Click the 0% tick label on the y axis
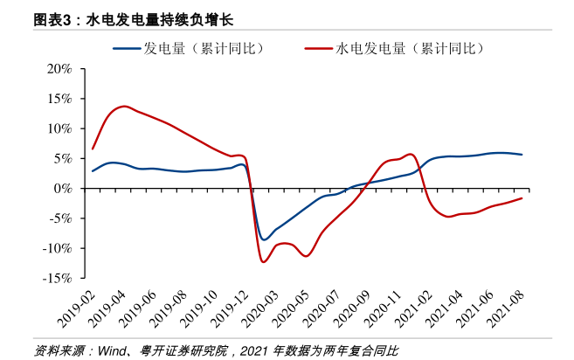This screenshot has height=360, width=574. click(63, 188)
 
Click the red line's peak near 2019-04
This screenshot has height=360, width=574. click(124, 107)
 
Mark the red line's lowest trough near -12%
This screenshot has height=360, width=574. click(262, 261)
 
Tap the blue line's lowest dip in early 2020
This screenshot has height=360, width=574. click(264, 239)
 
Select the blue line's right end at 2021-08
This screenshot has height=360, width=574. click(522, 155)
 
